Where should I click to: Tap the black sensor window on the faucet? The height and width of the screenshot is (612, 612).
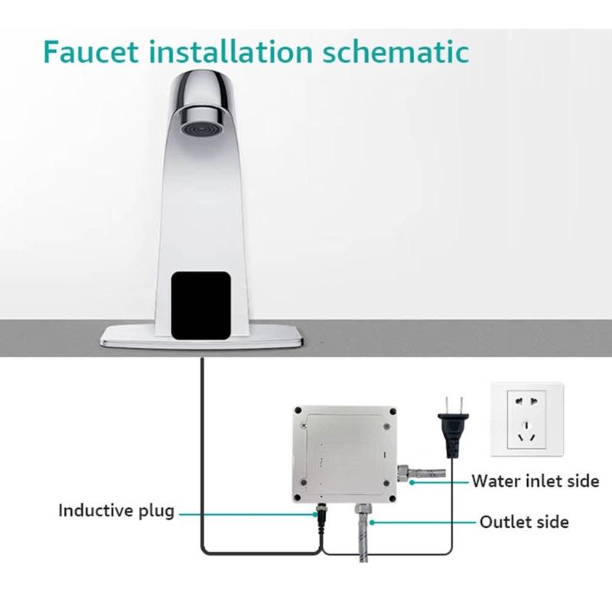pos(200,304)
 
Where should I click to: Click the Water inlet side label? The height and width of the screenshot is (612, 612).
pos(535,481)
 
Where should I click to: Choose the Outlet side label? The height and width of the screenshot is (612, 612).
pos(524,522)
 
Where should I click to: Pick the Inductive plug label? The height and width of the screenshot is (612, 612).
pos(116,510)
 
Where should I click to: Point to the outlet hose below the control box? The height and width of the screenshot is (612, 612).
pos(361,535)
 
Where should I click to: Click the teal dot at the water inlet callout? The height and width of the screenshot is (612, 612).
pos(412,482)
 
